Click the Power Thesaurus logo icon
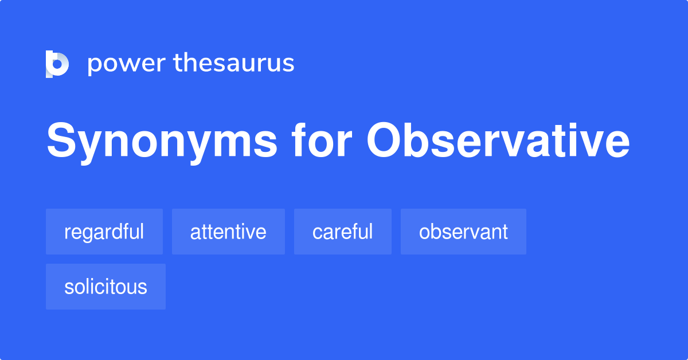click(x=57, y=64)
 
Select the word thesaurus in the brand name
click(x=234, y=63)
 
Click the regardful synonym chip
click(x=104, y=232)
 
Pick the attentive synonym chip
click(x=228, y=232)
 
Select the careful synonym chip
click(x=343, y=232)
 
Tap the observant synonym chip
click(x=463, y=232)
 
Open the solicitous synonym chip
click(x=105, y=287)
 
